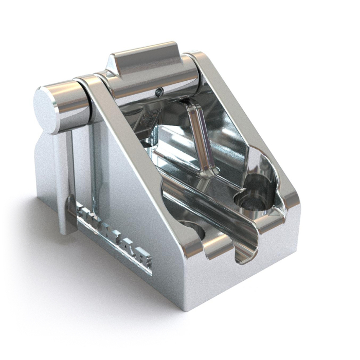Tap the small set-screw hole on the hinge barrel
click(x=159, y=93)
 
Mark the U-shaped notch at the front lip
click(x=246, y=252)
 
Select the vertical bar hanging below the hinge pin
click(x=64, y=180)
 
